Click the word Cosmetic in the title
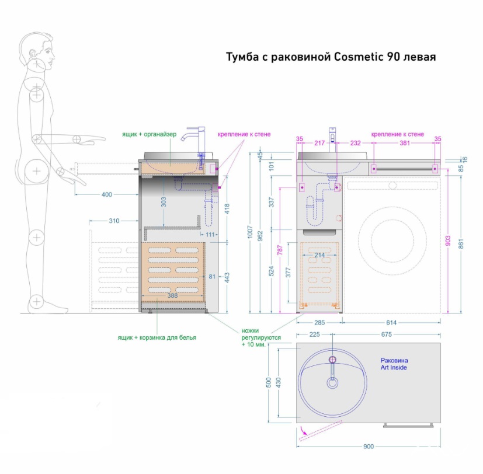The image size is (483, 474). point(359,57)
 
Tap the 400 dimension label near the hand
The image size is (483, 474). point(107,194)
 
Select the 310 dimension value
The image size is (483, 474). point(114,221)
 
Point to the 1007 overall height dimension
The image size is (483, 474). point(250,232)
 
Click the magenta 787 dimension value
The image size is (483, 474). point(280,250)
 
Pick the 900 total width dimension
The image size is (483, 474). point(369,447)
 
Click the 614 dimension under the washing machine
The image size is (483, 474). point(391,323)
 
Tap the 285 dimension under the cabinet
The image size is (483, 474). point(319,323)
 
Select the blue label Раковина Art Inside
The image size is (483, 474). point(394,364)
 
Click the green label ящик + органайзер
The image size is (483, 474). point(149,134)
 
